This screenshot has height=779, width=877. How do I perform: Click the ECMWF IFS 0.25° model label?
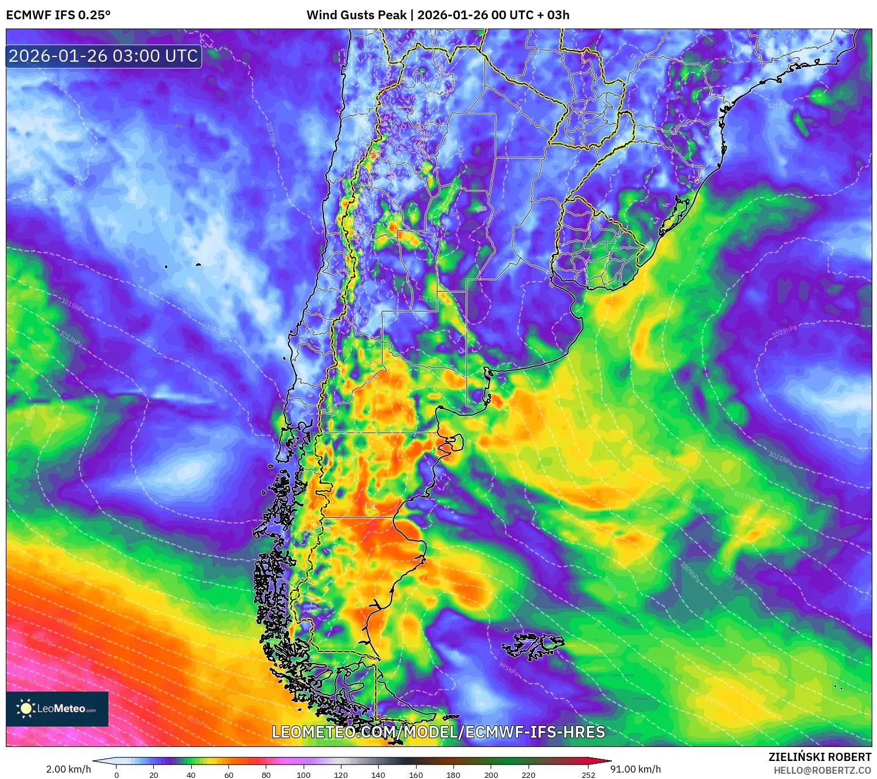coord(58,15)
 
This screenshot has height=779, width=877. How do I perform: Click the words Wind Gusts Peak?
coord(356,15)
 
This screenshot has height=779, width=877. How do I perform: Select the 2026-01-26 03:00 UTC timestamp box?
coord(103,56)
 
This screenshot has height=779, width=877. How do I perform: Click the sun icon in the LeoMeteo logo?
coord(26,708)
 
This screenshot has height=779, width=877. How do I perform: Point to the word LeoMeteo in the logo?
coord(62,708)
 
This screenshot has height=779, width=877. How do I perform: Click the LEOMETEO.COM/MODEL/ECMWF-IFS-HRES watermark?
coord(438,732)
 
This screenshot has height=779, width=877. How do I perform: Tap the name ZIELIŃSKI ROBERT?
coord(819,757)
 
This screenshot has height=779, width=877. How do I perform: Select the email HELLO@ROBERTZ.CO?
coord(822,770)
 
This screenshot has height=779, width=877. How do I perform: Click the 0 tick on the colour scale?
coord(117,775)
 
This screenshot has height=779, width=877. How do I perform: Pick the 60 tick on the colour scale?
coord(229,775)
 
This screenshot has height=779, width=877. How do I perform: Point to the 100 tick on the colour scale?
coord(304,775)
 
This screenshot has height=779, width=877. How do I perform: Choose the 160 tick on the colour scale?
coord(416,775)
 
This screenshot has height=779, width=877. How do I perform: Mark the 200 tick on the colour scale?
coord(491,775)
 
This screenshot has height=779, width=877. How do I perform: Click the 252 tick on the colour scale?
coord(589,775)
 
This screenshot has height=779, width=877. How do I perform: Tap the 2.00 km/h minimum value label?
coord(69,769)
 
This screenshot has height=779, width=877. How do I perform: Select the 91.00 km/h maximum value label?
coord(635,769)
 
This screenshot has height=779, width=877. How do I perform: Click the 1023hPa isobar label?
coord(784,332)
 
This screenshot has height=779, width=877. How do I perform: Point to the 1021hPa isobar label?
coord(780,459)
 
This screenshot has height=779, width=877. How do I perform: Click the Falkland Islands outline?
coord(533,646)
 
